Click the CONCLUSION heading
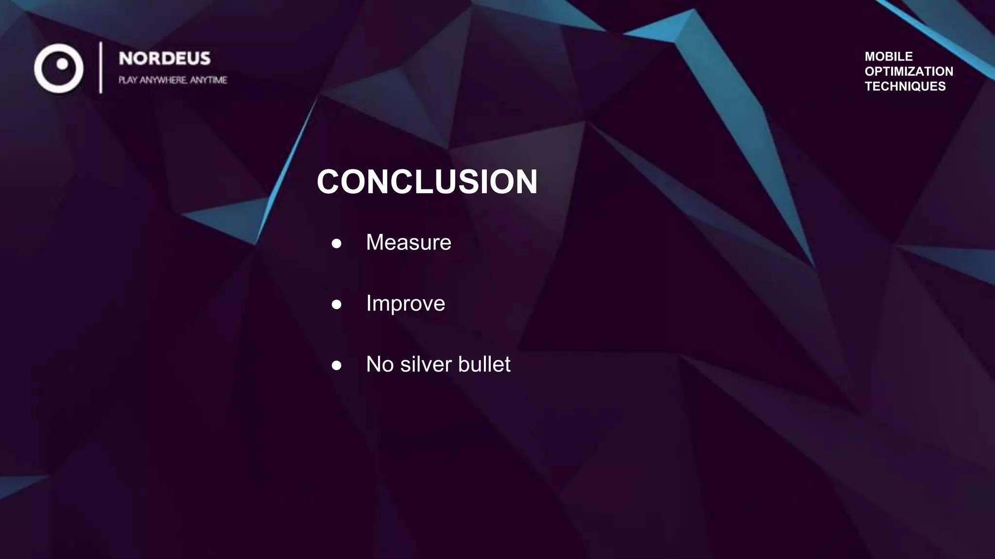[x=427, y=182]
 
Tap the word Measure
[x=408, y=242]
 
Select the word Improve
[x=405, y=303]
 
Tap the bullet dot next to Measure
[x=336, y=243]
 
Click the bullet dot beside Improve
[x=336, y=304]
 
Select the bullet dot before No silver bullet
[x=336, y=365]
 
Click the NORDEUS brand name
[x=165, y=59]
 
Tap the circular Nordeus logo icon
[x=59, y=68]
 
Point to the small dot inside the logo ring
[x=62, y=64]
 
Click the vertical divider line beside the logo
[x=101, y=67]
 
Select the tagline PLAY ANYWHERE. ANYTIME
[x=172, y=80]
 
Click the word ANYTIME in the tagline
[x=208, y=80]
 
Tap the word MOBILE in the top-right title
[x=888, y=56]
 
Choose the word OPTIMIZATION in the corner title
[x=909, y=71]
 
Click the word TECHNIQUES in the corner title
[x=905, y=86]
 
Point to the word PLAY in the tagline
[x=127, y=80]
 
